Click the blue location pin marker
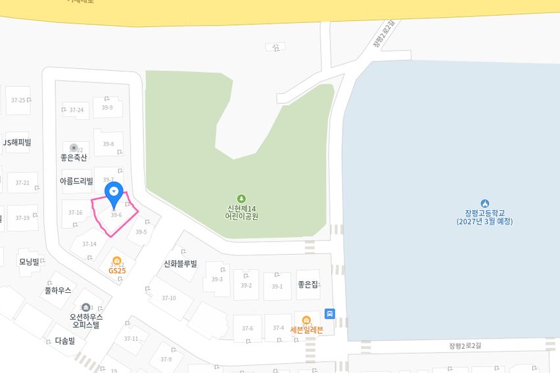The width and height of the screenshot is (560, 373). click(114, 192)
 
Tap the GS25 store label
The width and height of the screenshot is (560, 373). click(117, 270)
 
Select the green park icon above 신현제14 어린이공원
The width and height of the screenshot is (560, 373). click(241, 198)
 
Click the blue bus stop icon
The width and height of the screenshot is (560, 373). click(330, 314)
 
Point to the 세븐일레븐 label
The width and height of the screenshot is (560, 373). click(307, 330)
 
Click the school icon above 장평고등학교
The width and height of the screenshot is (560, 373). click(485, 203)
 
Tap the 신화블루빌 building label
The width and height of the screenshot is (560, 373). click(181, 264)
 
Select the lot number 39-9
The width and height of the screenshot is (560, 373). click(108, 108)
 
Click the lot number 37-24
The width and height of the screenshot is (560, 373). click(76, 110)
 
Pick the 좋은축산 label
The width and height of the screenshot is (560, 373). click(74, 158)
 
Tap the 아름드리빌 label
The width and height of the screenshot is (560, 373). click(76, 181)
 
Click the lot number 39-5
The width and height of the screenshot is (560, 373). click(141, 232)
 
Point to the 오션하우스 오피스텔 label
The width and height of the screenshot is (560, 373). click(86, 320)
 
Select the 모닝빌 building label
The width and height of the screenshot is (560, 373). click(29, 261)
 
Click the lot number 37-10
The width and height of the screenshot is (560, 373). click(169, 298)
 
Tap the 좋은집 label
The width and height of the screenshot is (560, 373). click(308, 284)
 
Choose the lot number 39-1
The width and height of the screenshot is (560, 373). click(277, 286)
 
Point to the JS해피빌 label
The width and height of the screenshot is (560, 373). click(17, 143)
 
